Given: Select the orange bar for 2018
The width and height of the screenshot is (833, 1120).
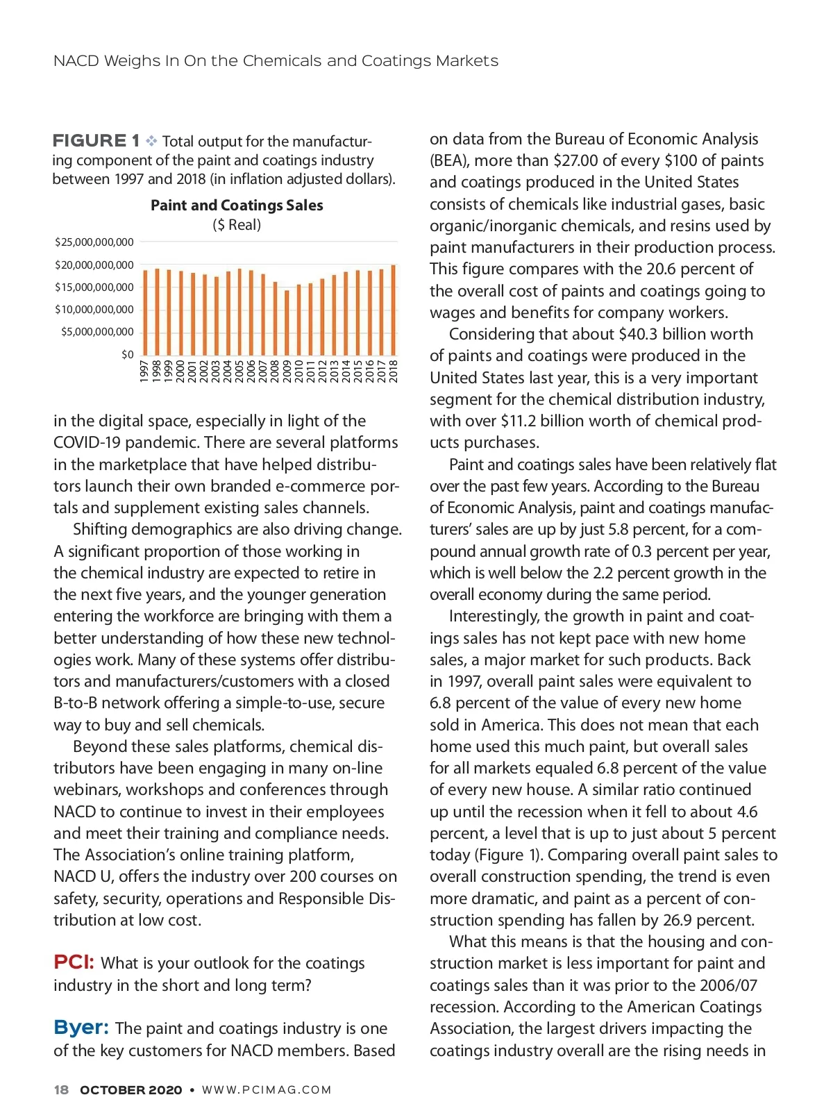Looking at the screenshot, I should (394, 310).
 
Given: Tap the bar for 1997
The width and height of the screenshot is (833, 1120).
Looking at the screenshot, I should (145, 312).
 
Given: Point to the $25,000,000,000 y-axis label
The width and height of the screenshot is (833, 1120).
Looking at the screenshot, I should (94, 242).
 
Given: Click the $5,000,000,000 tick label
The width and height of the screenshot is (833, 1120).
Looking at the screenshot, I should (97, 332).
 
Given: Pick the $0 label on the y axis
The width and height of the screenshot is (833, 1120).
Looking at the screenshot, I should (128, 355).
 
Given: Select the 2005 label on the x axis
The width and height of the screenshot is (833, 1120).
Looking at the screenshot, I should (239, 371).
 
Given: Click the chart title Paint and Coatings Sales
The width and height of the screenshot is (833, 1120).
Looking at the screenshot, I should (237, 206).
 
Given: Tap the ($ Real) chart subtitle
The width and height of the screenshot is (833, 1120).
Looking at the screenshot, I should (237, 225).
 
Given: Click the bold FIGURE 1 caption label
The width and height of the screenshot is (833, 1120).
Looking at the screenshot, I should (96, 141).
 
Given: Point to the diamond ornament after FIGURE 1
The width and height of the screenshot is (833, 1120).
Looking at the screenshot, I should (151, 141).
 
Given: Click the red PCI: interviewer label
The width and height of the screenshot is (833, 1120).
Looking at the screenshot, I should (74, 962).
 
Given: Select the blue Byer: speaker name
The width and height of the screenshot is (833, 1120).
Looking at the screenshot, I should (81, 1028).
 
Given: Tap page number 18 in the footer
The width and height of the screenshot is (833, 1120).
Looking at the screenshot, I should (61, 1090).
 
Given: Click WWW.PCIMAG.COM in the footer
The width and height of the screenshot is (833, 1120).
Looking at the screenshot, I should (267, 1090).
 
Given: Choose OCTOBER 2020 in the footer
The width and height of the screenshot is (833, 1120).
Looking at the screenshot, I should (131, 1090).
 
